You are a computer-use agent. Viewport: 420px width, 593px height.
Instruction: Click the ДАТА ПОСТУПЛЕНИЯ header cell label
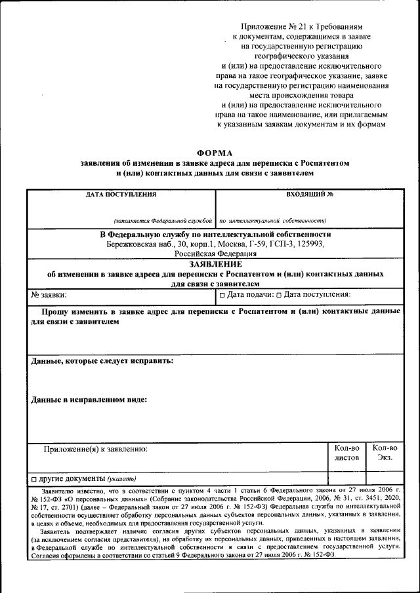coord(121,195)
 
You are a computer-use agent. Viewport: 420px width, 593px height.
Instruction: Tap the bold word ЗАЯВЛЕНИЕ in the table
coord(215,263)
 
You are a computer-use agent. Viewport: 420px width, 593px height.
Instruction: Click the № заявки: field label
coord(49,295)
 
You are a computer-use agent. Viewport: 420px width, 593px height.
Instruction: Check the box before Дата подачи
coord(222,296)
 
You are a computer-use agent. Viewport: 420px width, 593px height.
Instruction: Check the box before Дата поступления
coord(278,296)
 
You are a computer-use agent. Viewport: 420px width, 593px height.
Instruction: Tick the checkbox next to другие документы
coord(34,478)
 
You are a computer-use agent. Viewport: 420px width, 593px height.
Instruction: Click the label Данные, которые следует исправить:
coord(102,361)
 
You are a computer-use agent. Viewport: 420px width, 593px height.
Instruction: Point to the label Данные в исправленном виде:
coord(89,399)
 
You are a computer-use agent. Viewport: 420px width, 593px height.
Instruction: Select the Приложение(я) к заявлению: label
coord(96,450)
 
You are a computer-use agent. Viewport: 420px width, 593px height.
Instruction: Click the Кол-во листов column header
coord(346,452)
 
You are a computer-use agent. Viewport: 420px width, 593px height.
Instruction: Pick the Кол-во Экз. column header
coord(385,452)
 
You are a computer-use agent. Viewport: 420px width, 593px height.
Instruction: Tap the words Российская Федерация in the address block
coord(215,254)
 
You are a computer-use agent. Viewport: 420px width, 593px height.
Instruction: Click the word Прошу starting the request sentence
coord(57,312)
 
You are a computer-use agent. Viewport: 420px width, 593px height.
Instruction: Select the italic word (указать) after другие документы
coord(122,478)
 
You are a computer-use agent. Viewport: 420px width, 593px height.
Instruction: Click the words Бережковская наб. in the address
coord(138,244)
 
